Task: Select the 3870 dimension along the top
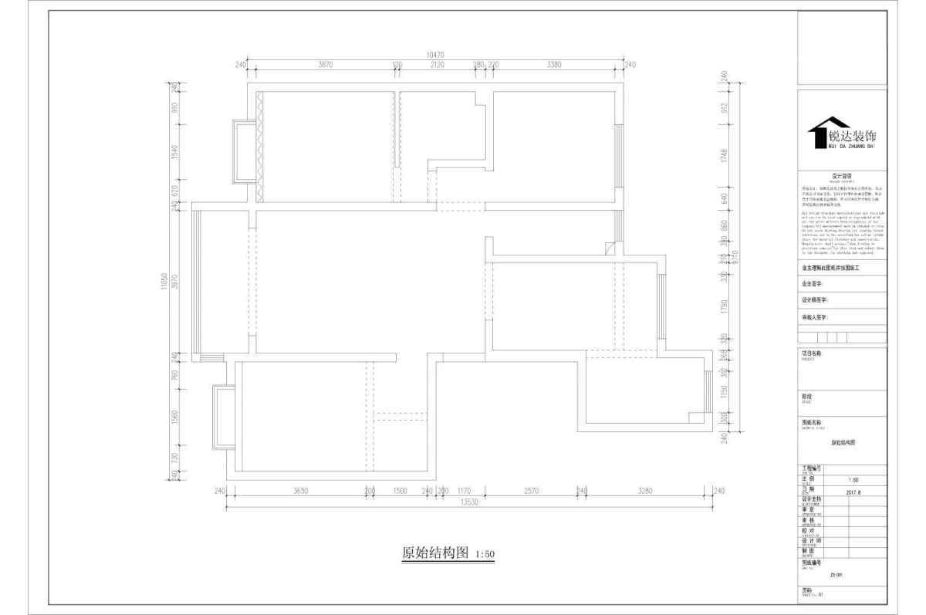(325, 65)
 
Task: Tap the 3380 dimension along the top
(553, 65)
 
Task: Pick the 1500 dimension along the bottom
(400, 491)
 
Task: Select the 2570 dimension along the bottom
(531, 491)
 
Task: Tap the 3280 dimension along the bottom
(645, 491)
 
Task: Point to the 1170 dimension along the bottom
(464, 491)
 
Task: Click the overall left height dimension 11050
(164, 283)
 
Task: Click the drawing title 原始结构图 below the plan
(436, 553)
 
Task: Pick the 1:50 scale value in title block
(831, 479)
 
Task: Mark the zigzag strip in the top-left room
(260, 147)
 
